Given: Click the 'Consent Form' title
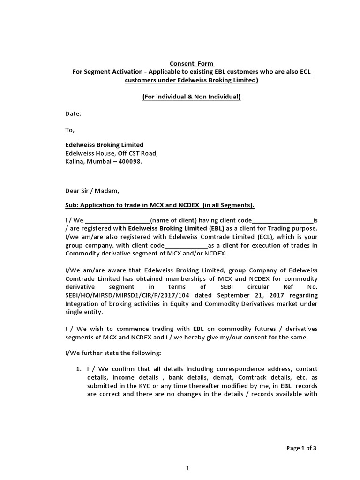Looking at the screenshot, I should [x=192, y=63].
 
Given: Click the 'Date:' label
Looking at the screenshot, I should [x=73, y=113].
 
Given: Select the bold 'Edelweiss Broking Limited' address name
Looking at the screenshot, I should [x=104, y=145].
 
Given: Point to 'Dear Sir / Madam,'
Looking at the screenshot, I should [x=92, y=191].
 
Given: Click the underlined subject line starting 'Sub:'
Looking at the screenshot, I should [x=159, y=205].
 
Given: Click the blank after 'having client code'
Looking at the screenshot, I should [x=282, y=220].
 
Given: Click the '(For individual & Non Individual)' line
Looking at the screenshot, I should [x=191, y=97].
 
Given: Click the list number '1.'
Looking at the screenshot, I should [x=79, y=369].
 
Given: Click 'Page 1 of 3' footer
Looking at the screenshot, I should [x=301, y=448].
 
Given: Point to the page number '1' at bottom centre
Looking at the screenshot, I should [x=187, y=468].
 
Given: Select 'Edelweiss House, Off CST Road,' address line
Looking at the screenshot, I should [x=112, y=153].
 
